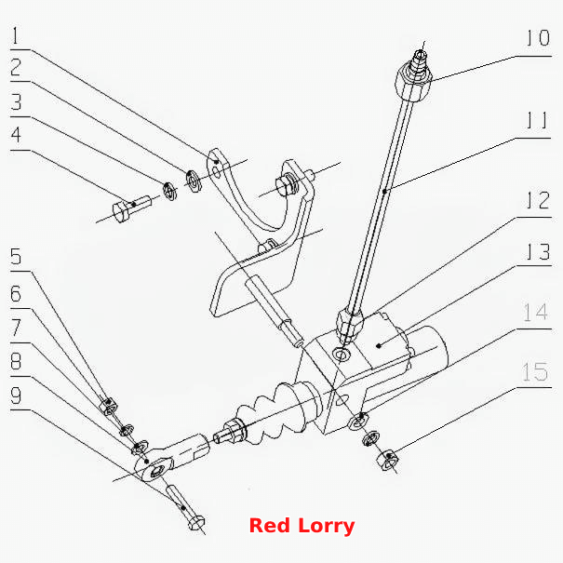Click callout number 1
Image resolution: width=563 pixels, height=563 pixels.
[15, 35]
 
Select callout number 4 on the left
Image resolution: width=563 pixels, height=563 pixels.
[16, 135]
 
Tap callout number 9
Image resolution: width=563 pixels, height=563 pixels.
[16, 395]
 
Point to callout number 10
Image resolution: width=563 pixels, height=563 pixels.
[538, 38]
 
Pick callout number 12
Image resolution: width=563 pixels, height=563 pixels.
[538, 200]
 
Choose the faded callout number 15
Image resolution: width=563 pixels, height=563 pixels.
[535, 371]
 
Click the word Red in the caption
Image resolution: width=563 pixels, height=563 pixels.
[270, 526]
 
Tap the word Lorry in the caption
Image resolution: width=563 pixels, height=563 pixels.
[327, 527]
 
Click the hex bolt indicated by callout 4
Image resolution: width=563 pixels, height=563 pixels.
[131, 208]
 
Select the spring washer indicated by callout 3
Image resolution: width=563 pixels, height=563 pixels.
[169, 191]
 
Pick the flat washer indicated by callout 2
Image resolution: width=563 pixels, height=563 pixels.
[194, 181]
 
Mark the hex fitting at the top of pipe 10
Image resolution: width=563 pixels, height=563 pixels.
[413, 81]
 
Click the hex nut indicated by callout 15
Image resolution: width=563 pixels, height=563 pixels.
[388, 459]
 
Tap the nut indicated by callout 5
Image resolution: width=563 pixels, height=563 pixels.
[108, 406]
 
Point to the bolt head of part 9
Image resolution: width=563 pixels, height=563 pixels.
[196, 523]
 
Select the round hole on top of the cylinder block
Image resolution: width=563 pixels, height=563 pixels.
[342, 355]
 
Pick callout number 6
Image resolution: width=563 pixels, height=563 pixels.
[16, 294]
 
